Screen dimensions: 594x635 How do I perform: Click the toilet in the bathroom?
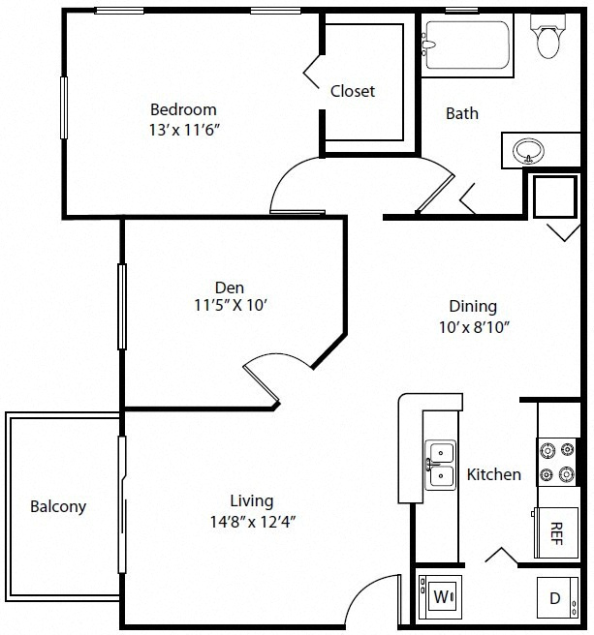(547, 36)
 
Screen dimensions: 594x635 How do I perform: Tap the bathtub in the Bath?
(467, 45)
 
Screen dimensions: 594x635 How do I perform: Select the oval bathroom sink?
(528, 151)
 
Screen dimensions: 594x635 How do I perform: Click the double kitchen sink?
(440, 465)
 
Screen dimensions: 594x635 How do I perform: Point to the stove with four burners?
(557, 462)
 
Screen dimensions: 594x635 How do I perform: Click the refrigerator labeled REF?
(555, 532)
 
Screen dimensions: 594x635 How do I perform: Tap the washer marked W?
(440, 596)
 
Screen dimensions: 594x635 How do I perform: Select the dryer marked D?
(557, 597)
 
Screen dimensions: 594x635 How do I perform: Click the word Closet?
(353, 91)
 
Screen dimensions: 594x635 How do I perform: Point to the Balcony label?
(58, 506)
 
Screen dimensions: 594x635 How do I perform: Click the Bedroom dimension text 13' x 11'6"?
(184, 130)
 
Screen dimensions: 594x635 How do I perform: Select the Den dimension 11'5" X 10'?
(231, 305)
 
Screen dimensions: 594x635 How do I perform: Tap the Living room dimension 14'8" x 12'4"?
(253, 522)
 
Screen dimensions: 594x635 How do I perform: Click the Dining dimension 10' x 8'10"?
(474, 327)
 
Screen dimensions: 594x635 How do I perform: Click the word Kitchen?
(494, 474)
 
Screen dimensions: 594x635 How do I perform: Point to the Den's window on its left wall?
(122, 307)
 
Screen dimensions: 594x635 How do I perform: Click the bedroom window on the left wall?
(64, 107)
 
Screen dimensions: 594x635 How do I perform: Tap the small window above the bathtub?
(461, 11)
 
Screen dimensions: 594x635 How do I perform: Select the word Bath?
(462, 113)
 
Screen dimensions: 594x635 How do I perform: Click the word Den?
(230, 287)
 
